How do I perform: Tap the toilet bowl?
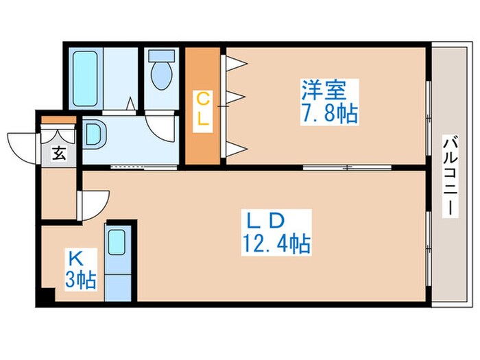(x=162, y=73)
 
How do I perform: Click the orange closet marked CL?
(x=204, y=106)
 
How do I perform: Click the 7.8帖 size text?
(x=329, y=112)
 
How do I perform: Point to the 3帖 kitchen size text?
(x=81, y=280)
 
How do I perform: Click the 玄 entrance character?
(x=60, y=154)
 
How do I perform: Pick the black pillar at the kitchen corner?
(x=46, y=298)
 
